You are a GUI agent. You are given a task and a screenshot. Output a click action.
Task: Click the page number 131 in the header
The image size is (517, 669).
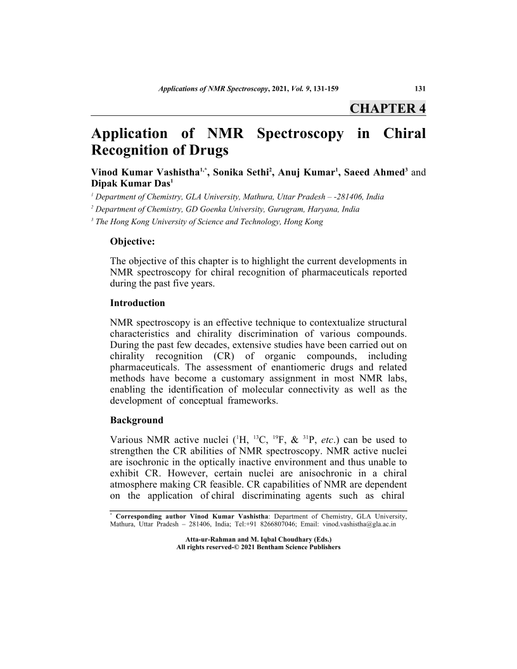click(x=419, y=88)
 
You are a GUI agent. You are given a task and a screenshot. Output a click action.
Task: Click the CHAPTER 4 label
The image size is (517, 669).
click(x=387, y=108)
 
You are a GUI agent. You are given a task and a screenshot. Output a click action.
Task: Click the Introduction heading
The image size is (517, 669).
click(x=137, y=303)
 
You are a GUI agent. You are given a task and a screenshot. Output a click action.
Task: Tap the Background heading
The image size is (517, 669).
click(x=137, y=420)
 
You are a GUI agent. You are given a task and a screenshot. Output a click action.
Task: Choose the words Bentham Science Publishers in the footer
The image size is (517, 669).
click(x=300, y=547)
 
